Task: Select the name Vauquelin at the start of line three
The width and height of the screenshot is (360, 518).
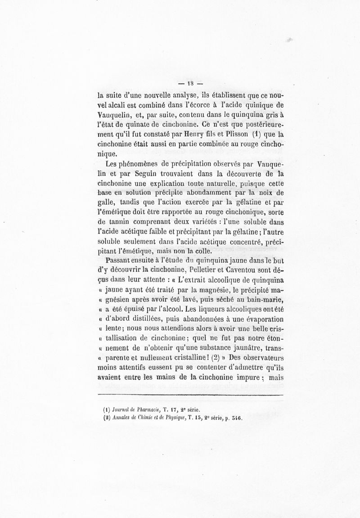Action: [x=115, y=114]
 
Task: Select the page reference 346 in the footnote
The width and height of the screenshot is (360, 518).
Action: [x=235, y=417]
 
